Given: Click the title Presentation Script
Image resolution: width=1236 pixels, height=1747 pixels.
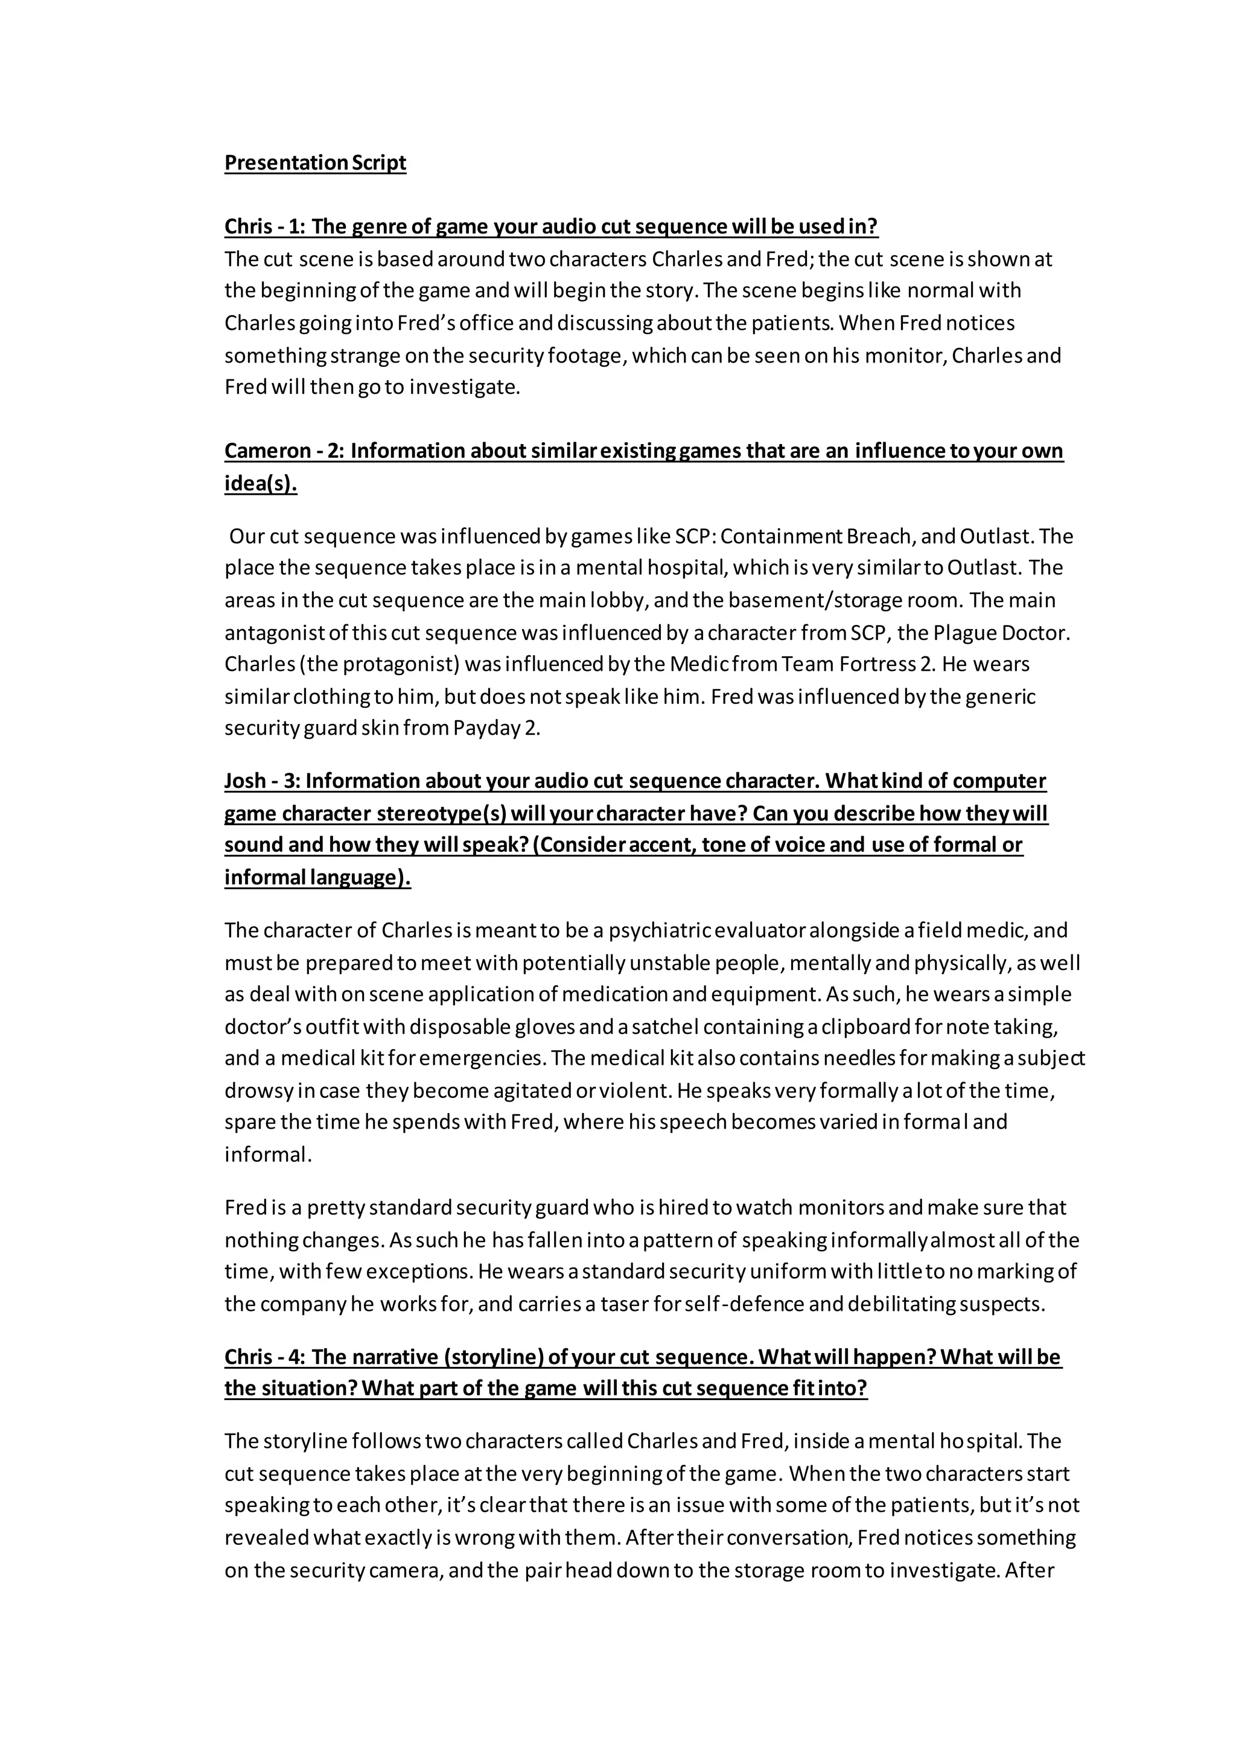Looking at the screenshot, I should [315, 163].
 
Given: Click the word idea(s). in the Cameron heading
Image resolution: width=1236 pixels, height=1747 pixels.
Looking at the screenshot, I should [260, 484].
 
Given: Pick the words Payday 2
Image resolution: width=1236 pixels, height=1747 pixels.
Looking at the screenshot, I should [496, 728].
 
